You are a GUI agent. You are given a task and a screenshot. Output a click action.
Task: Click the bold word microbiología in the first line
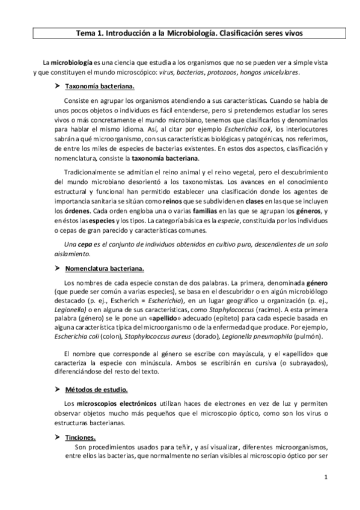tap(70, 63)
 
